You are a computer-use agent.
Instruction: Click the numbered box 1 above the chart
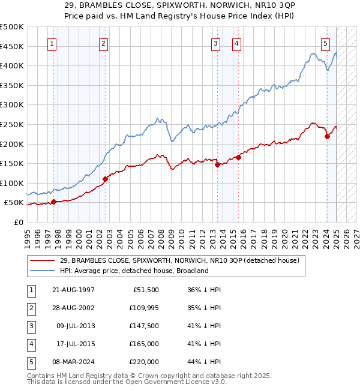click(x=53, y=43)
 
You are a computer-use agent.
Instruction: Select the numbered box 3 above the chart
click(x=215, y=43)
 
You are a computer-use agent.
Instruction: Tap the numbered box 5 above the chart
click(x=325, y=43)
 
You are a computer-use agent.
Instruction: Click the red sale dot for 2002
click(x=105, y=179)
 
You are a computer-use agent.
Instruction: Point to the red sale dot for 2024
click(x=327, y=136)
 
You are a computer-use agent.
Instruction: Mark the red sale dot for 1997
click(x=53, y=202)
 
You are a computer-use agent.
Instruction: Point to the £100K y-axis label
click(x=13, y=183)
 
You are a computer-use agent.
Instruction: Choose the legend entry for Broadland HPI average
click(x=133, y=271)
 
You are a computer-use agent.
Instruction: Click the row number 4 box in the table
click(x=30, y=344)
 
